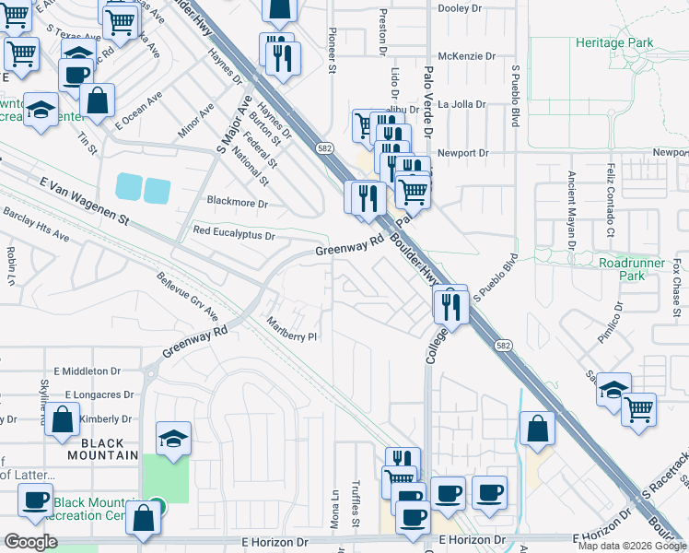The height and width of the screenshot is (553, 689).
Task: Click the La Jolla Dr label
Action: pyautogui.click(x=461, y=104)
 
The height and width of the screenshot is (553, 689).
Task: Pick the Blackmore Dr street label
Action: pyautogui.click(x=237, y=204)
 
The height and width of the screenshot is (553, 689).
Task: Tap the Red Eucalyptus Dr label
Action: pyautogui.click(x=233, y=235)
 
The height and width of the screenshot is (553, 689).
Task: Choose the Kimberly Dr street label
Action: pyautogui.click(x=105, y=419)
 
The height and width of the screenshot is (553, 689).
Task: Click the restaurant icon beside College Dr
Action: pyautogui.click(x=450, y=304)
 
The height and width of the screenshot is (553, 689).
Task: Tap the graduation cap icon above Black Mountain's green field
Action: pyautogui.click(x=172, y=439)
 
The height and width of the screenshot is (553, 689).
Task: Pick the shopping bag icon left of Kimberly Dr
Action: pyautogui.click(x=63, y=420)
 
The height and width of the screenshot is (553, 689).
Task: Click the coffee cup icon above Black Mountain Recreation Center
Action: pyautogui.click(x=36, y=500)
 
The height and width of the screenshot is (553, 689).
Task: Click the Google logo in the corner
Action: pyautogui.click(x=31, y=542)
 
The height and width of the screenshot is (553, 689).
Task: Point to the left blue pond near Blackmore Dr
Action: pyautogui.click(x=129, y=188)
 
